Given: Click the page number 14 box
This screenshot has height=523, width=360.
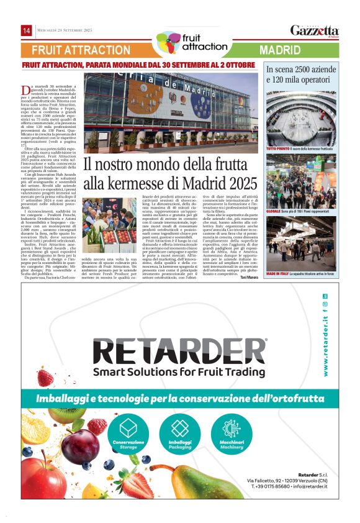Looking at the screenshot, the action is coord(27,30).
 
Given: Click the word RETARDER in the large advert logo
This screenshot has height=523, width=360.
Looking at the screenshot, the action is coord(179,352).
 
